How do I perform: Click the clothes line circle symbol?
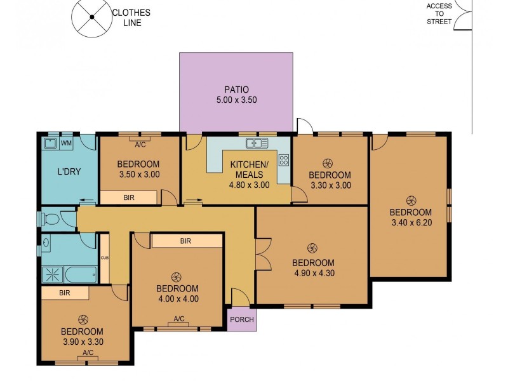click(x=90, y=17)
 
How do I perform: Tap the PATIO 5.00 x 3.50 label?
click(x=236, y=95)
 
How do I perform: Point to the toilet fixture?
click(x=50, y=220)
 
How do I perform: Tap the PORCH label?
click(x=242, y=319)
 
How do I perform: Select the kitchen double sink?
click(x=256, y=144)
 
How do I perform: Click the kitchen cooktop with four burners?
click(x=283, y=160)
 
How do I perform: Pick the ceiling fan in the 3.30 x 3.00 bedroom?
click(x=328, y=163)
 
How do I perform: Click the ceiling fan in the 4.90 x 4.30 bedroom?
click(x=312, y=248)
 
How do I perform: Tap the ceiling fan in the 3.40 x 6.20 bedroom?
click(x=410, y=199)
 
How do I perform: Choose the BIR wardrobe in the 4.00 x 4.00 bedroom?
click(x=186, y=241)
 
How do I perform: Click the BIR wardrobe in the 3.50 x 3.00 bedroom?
click(x=129, y=198)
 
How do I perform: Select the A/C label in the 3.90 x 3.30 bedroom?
click(x=88, y=352)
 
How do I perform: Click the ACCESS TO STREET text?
click(x=439, y=14)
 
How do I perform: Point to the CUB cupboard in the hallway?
click(x=104, y=258)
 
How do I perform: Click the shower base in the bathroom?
click(x=50, y=275)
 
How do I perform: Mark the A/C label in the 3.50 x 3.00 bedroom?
click(x=140, y=144)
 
